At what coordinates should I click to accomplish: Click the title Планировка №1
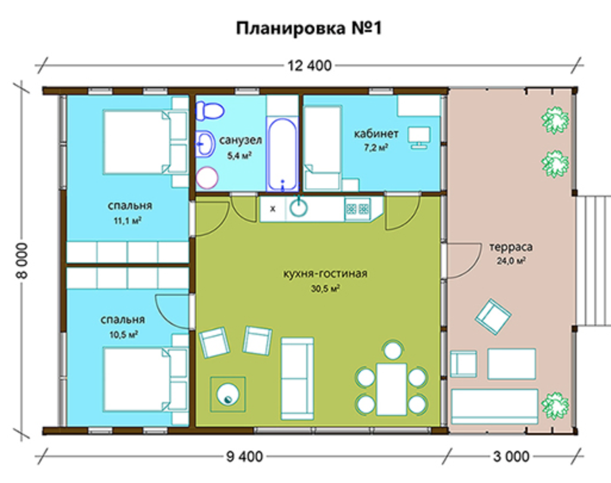coord(308,29)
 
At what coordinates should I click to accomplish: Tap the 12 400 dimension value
coord(310,66)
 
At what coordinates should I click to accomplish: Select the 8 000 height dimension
coord(23,260)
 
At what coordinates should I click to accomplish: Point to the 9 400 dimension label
coord(245,456)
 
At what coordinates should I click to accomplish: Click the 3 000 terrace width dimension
coord(511,456)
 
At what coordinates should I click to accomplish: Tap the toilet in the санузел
coord(210,110)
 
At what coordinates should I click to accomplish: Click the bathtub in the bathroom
coord(282,154)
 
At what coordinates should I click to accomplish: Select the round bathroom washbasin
coord(205,144)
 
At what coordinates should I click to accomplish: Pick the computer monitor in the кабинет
coord(419,137)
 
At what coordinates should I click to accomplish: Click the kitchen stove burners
coord(357,209)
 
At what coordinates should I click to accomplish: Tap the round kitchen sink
coord(298,208)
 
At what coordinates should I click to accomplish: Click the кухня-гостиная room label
coord(325,274)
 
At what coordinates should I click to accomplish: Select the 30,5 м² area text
coord(325,289)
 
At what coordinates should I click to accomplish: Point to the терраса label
coord(510,247)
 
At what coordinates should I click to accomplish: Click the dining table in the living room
coord(392,389)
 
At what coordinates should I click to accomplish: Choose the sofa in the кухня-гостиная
coord(297,379)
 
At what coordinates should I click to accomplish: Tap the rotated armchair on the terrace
coord(493,317)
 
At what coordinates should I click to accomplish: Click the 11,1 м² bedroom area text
coord(127,221)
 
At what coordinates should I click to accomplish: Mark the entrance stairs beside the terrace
coord(594,261)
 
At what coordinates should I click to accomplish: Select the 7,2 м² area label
coord(376,147)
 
